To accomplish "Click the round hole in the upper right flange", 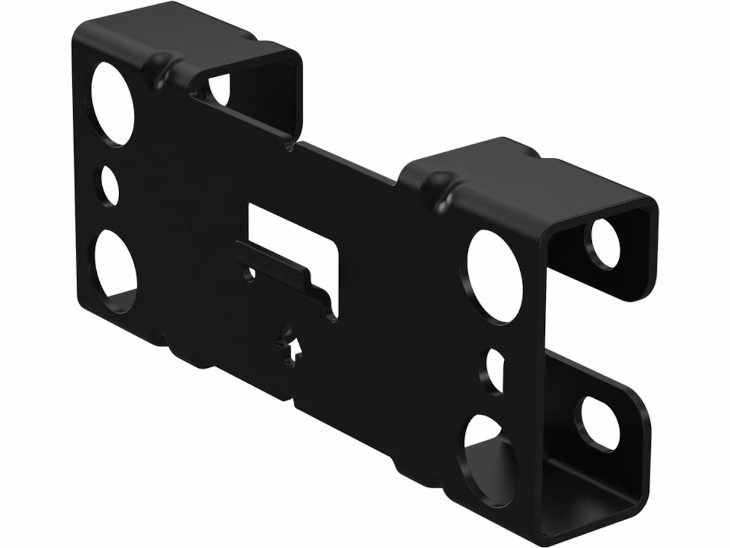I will tap(602, 244).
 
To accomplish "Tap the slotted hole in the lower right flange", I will tap(600, 423).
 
